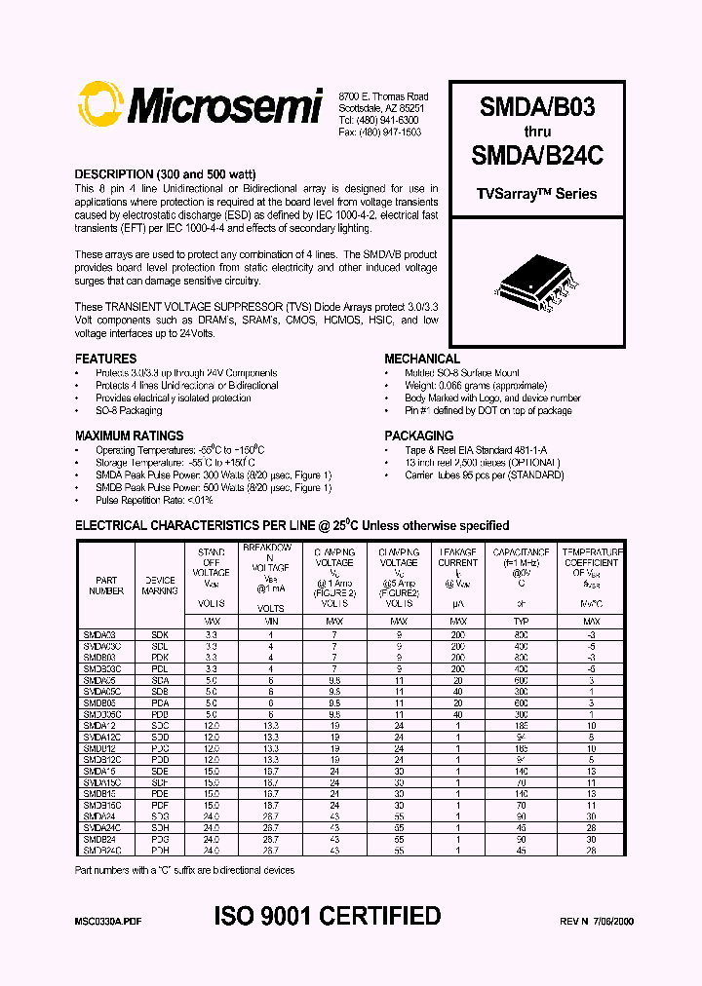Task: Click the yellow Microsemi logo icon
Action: pos(102,105)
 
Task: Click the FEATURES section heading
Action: pos(106,359)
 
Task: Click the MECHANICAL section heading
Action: pos(422,359)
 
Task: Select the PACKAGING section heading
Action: pos(419,436)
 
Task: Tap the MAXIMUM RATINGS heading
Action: pos(130,436)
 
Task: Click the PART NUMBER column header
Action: pos(106,585)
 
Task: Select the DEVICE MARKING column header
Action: pos(160,585)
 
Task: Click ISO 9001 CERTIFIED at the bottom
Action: pos(328,917)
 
